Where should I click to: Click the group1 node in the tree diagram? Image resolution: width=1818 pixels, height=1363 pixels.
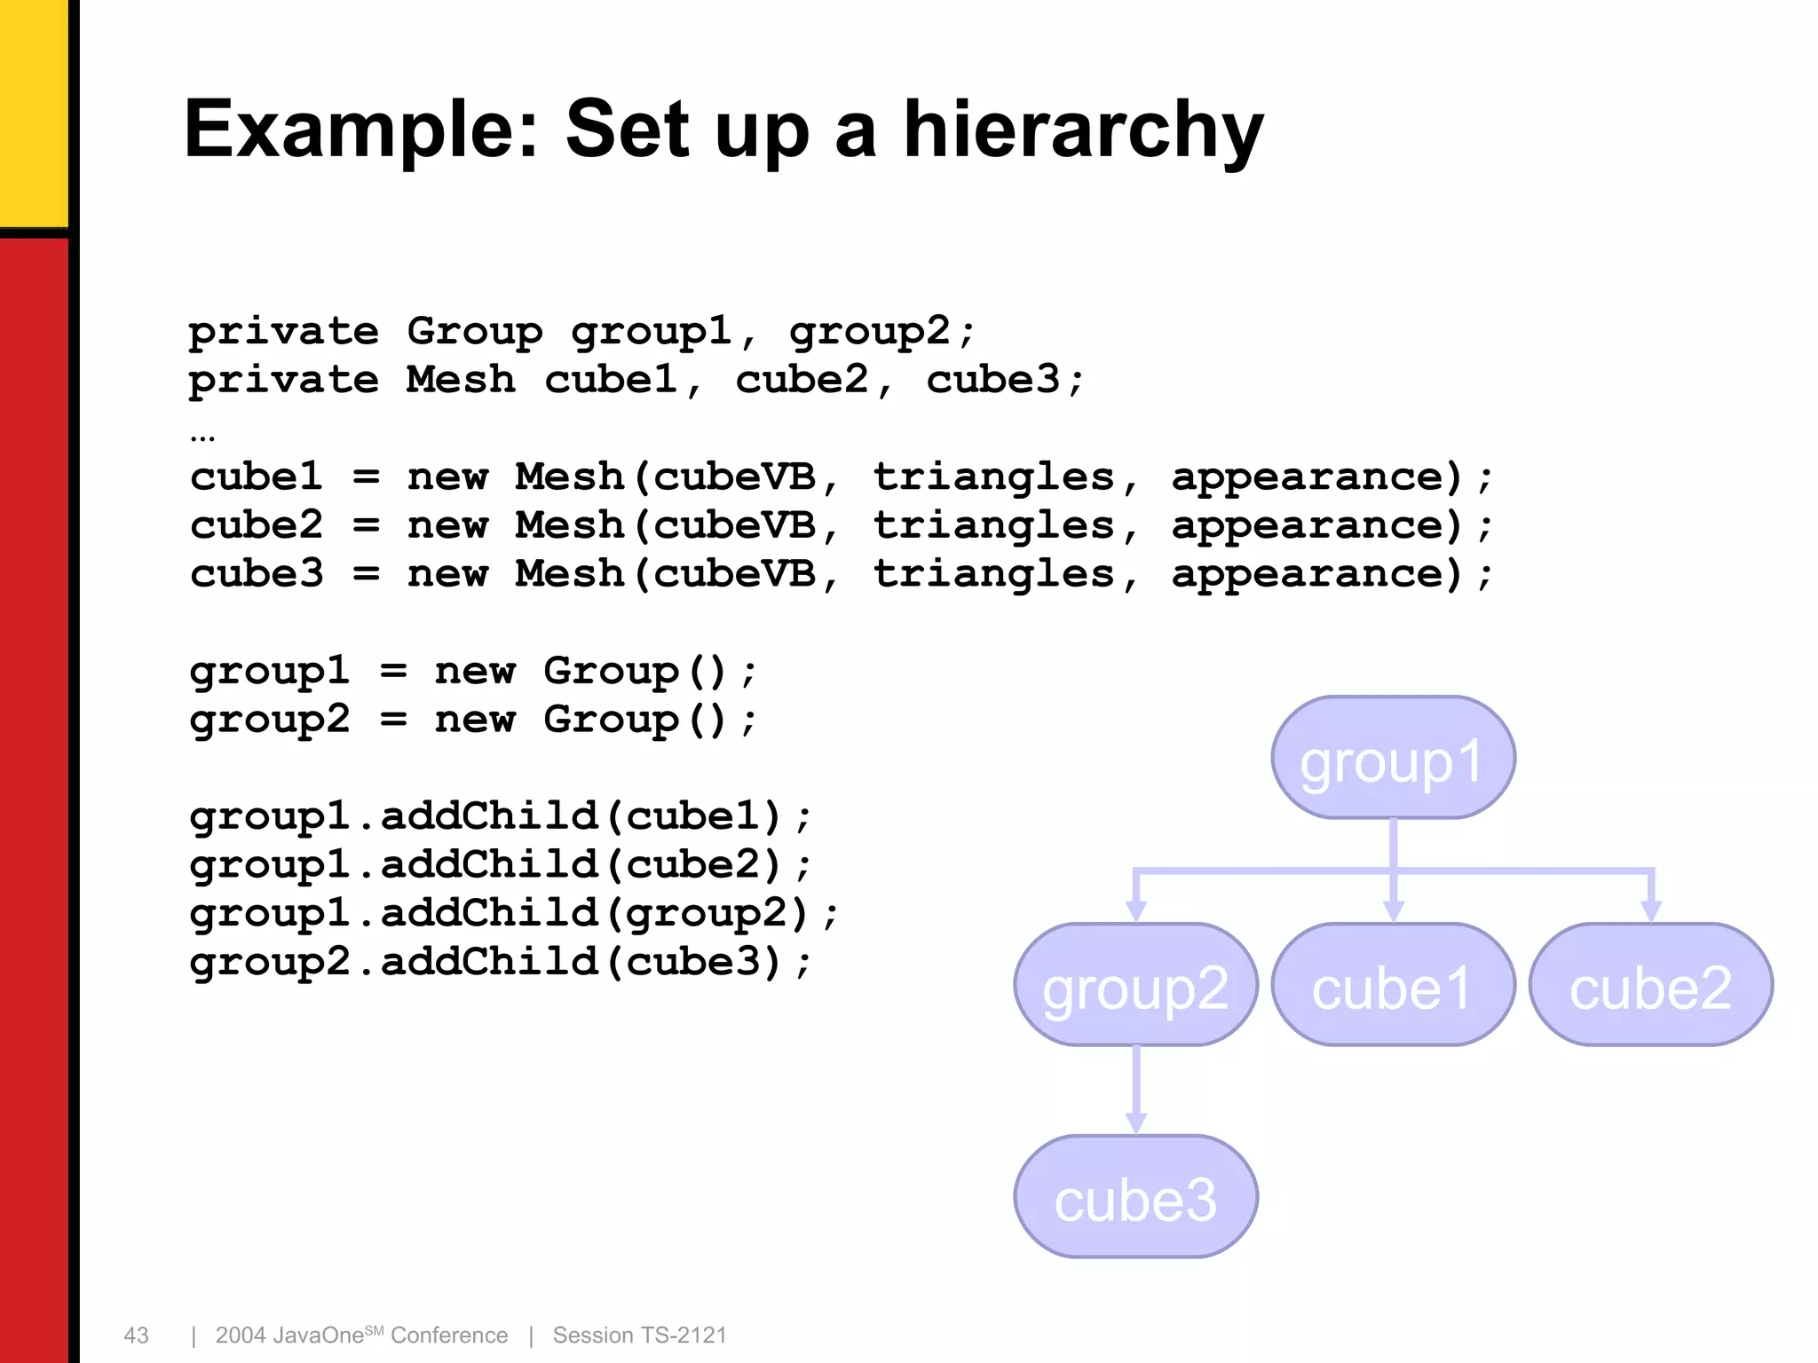pyautogui.click(x=1392, y=758)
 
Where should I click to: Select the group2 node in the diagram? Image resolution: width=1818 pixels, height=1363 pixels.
pyautogui.click(x=1135, y=985)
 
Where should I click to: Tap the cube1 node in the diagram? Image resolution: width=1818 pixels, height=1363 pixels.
pyautogui.click(x=1392, y=985)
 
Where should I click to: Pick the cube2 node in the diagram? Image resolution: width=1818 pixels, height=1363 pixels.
pyautogui.click(x=1650, y=985)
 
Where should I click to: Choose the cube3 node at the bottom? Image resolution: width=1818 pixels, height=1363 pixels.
pyautogui.click(x=1135, y=1197)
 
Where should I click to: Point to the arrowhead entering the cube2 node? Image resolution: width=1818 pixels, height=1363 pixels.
pyautogui.click(x=1650, y=910)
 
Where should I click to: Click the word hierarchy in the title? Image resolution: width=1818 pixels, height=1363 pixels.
pyautogui.click(x=1082, y=131)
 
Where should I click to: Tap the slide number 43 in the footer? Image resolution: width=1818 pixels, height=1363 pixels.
pyautogui.click(x=136, y=1335)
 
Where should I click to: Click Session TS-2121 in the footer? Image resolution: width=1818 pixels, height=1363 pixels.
pyautogui.click(x=639, y=1335)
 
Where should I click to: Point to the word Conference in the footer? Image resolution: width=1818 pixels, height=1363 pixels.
pyautogui.click(x=449, y=1335)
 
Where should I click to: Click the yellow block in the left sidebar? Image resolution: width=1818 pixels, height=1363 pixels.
pyautogui.click(x=34, y=111)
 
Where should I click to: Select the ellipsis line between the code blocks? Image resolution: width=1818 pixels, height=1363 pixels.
pyautogui.click(x=202, y=436)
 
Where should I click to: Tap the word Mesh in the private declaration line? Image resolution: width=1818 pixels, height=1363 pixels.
pyautogui.click(x=461, y=380)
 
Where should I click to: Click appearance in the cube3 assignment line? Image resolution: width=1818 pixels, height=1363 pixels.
pyautogui.click(x=1316, y=575)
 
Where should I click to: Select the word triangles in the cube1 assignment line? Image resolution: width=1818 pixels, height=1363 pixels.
pyautogui.click(x=993, y=477)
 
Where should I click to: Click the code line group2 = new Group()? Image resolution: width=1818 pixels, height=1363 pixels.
pyautogui.click(x=472, y=720)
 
